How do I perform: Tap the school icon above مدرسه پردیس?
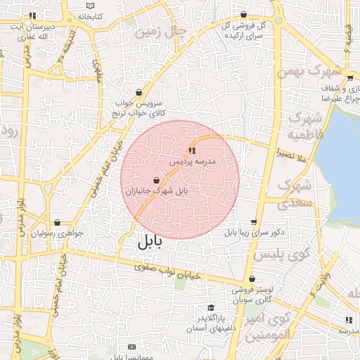pos(191,150)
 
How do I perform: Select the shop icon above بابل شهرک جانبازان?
pos(156,181)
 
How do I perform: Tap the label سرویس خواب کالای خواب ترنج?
pos(140,107)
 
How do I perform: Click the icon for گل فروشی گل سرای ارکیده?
pos(243,14)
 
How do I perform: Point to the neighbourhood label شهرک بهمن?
pos(309,71)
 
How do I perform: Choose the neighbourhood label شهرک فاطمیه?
pos(307,124)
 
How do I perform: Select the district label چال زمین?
pos(162,32)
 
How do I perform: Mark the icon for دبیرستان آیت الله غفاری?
pos(31,15)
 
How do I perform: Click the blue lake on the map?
pos(341,162)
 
